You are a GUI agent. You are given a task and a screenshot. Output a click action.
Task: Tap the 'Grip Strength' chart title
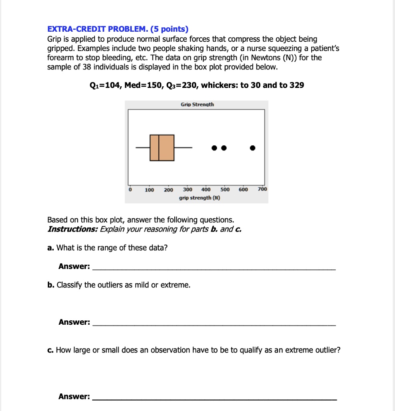tap(197, 104)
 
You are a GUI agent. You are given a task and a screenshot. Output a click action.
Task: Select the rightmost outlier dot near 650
tap(252, 148)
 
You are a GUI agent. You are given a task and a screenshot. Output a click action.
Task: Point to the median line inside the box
tap(159, 148)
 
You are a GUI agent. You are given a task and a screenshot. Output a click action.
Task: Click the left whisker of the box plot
tap(143, 148)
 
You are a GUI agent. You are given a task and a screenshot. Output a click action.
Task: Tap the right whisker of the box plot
tap(183, 148)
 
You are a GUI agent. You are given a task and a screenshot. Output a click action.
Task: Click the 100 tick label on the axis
tap(149, 190)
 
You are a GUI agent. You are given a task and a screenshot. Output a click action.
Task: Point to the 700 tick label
tap(262, 189)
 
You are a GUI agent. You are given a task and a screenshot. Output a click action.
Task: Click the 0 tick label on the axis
tap(129, 189)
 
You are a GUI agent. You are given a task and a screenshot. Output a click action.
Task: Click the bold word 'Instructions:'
tap(73, 229)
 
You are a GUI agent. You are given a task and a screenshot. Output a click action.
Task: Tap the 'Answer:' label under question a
tap(74, 267)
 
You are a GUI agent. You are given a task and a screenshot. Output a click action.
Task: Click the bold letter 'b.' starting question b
tap(51, 285)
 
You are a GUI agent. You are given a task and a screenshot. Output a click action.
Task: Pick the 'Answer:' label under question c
tap(74, 397)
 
